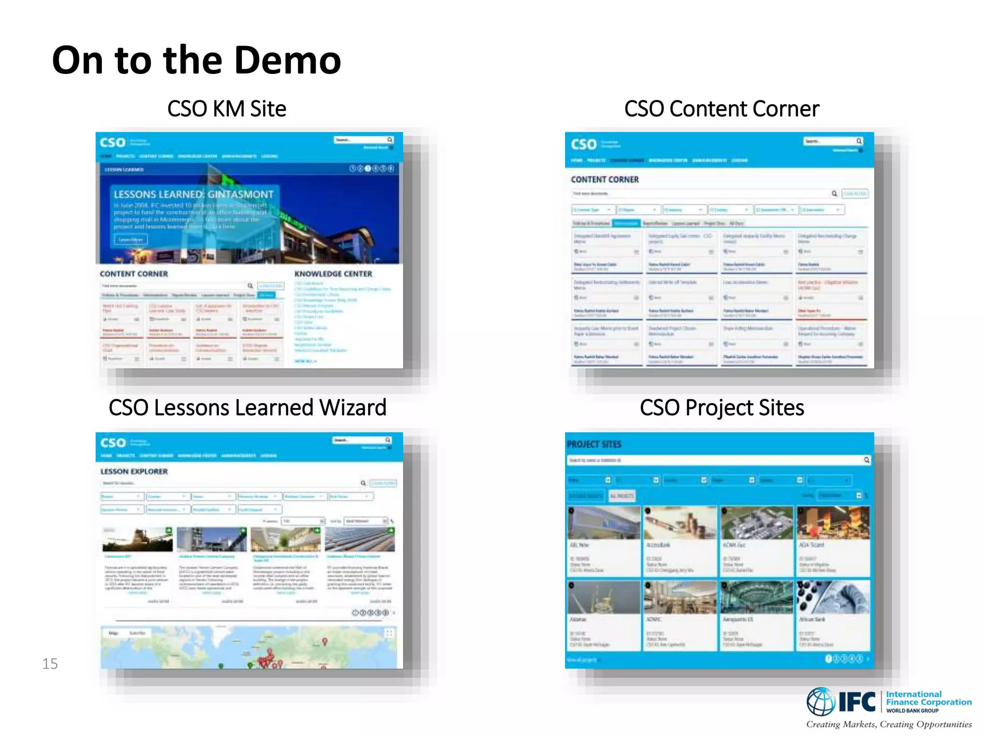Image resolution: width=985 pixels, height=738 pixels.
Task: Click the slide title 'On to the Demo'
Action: pos(196,61)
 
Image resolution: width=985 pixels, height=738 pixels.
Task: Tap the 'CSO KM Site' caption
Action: pos(227,109)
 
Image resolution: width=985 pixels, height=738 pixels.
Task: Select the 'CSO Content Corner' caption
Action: pos(721,109)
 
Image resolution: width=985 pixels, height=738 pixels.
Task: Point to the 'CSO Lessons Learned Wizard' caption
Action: pos(247,408)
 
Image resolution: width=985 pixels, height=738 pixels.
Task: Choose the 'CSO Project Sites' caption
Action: pos(721,408)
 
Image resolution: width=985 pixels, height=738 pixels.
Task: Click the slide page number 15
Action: pos(50,664)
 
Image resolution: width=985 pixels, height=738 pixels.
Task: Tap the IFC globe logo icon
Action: pos(821,701)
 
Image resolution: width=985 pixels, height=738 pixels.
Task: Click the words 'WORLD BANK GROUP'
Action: pos(912,711)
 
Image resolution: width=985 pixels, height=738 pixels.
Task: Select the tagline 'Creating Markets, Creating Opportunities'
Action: pos(889,725)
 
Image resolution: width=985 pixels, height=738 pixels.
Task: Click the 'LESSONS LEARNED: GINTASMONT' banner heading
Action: pos(193,195)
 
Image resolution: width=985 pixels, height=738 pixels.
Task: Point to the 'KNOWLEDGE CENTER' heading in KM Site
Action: pos(333,274)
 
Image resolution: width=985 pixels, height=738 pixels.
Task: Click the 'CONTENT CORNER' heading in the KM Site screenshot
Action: pos(134,274)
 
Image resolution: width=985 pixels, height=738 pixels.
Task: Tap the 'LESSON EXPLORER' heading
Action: pos(134,472)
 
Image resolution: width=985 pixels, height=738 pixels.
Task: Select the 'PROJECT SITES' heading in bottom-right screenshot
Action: pos(594,444)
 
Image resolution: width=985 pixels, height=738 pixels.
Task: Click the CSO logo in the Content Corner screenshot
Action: pos(583,144)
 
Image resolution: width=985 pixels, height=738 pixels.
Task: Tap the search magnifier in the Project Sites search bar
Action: pos(867,460)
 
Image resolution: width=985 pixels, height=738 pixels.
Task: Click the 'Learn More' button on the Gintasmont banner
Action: pos(130,239)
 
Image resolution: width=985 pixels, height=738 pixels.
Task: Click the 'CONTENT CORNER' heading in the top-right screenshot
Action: pos(605,180)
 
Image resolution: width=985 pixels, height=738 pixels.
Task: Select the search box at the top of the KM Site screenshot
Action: pos(361,140)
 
